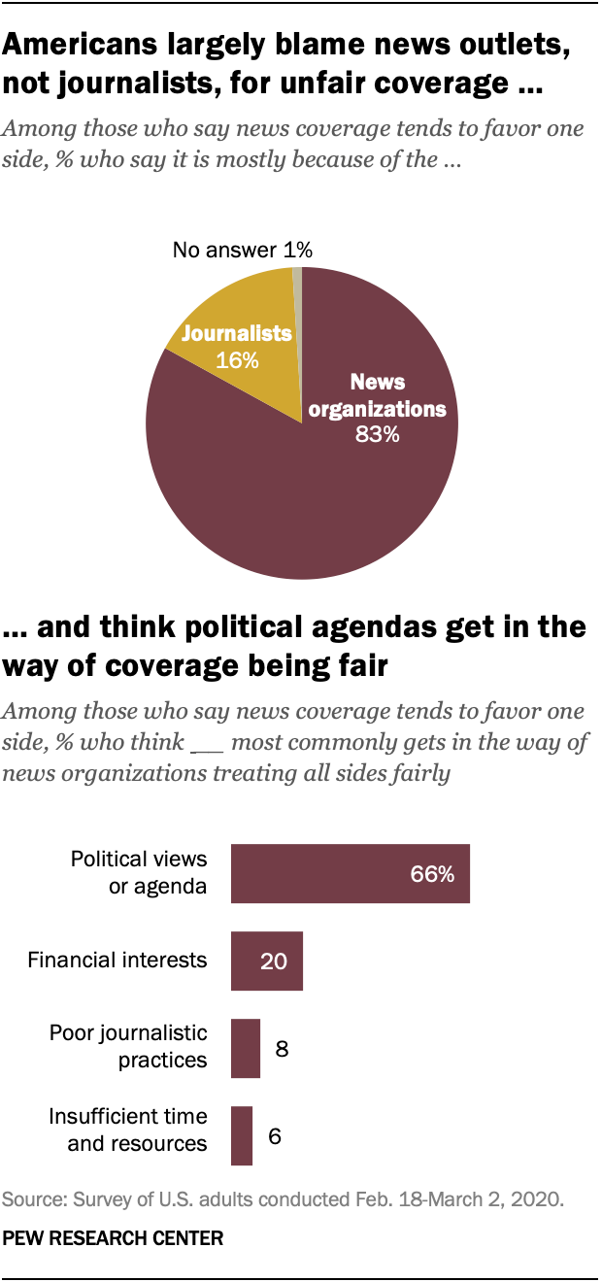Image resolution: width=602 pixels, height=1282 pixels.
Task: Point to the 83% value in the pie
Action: pyautogui.click(x=377, y=434)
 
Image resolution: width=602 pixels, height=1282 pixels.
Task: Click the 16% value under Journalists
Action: pyautogui.click(x=238, y=360)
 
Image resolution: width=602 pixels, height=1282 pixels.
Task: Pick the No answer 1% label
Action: pyautogui.click(x=242, y=250)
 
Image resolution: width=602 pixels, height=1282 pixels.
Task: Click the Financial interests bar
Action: pyautogui.click(x=266, y=961)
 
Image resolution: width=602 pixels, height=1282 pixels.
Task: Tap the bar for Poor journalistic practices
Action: pyautogui.click(x=245, y=1048)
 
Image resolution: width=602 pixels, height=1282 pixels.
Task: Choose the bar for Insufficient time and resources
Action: pyautogui.click(x=241, y=1135)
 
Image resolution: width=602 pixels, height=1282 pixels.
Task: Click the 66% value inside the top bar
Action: pyautogui.click(x=430, y=874)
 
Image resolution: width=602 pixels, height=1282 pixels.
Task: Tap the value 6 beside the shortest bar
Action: pyautogui.click(x=275, y=1135)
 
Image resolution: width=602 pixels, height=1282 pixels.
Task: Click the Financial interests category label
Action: pyautogui.click(x=117, y=961)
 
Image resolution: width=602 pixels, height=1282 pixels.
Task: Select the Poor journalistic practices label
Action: pyautogui.click(x=128, y=1046)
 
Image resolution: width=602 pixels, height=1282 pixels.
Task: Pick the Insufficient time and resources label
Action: pyautogui.click(x=128, y=1130)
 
